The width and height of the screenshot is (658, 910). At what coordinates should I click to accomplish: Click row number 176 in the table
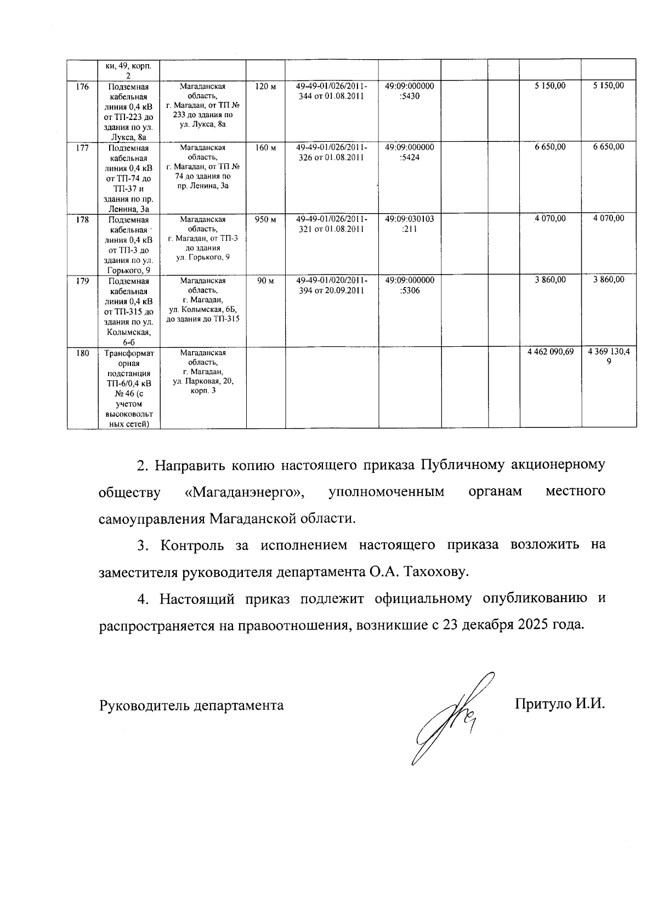[82, 86]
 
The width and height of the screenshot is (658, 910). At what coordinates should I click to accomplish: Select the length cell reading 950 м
[265, 219]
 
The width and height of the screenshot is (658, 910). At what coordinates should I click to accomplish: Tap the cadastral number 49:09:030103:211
[409, 224]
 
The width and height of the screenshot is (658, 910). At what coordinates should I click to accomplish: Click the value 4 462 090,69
[550, 352]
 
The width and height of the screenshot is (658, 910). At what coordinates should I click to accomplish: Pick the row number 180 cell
[82, 353]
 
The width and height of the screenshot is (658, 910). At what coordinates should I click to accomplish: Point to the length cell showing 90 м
[265, 281]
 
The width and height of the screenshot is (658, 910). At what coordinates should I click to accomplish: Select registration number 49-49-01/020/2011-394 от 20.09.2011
[331, 285]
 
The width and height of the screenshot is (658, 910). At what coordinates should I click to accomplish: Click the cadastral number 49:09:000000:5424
[409, 152]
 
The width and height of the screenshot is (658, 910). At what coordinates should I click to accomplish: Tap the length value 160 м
[265, 147]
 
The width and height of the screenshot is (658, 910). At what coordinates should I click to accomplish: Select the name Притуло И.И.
[560, 704]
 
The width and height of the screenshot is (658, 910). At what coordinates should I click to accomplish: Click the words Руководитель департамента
[191, 705]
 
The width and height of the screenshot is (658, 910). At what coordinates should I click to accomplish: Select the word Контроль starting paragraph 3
[192, 546]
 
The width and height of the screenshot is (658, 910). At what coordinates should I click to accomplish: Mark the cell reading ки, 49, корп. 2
[129, 70]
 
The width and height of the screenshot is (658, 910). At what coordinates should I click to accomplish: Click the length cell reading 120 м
[265, 86]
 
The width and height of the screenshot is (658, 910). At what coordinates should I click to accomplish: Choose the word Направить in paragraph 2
[190, 466]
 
